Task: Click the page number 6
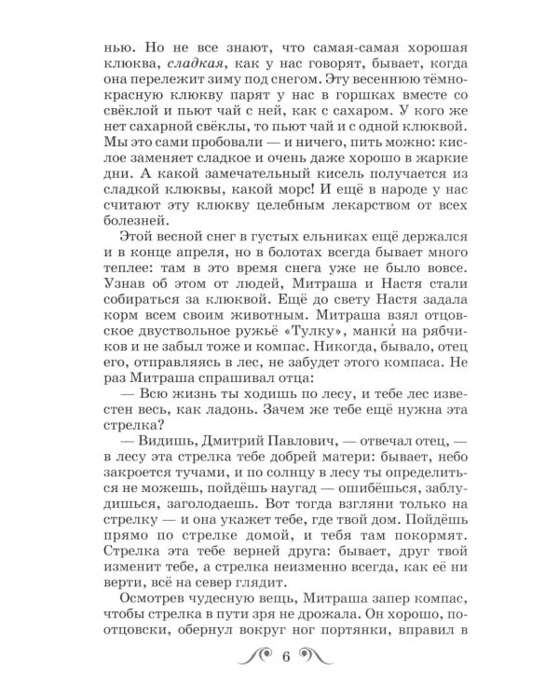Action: [x=287, y=683]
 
